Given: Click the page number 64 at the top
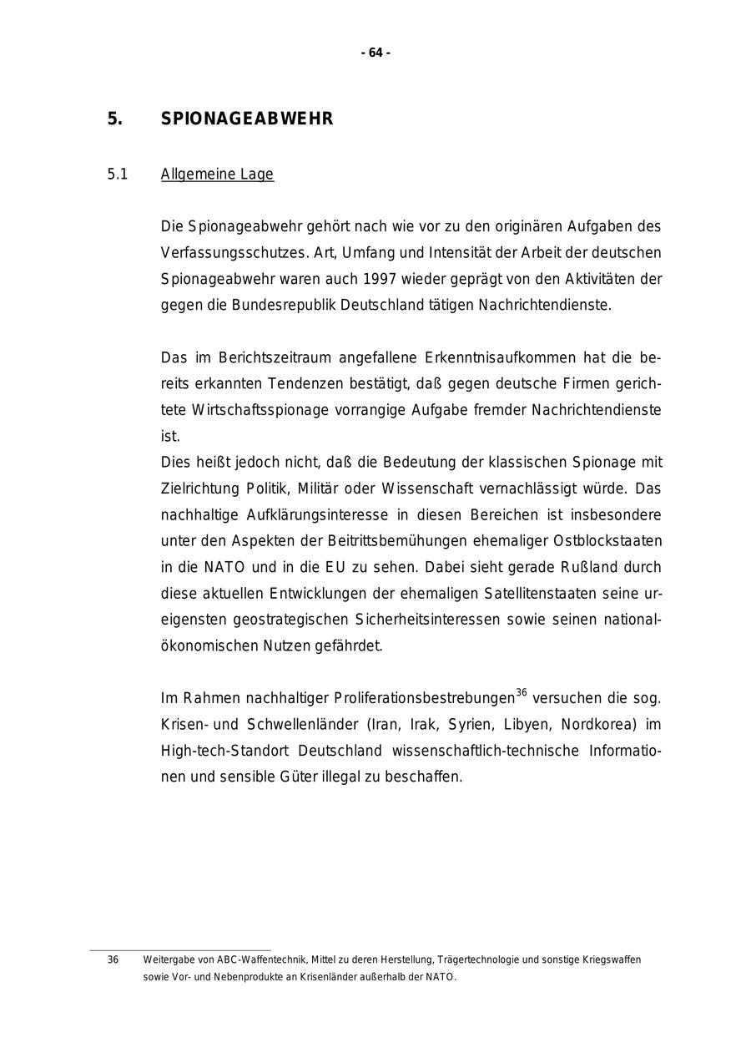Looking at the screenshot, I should tap(375, 53).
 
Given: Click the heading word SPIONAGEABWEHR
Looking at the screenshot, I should tap(246, 119).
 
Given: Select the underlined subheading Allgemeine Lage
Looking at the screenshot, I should tap(217, 175).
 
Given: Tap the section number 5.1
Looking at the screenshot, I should tap(117, 175).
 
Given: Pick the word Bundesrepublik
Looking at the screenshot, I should tap(261, 305).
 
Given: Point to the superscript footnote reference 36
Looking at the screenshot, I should tap(522, 692).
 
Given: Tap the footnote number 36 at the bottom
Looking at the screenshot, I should tap(113, 960).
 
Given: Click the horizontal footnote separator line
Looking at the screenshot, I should tap(179, 949).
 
